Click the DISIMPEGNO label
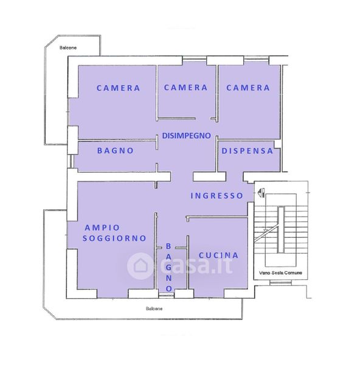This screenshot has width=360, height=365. (x=186, y=136)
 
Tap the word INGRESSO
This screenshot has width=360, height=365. (x=216, y=196)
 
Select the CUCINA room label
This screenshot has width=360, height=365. (x=218, y=255)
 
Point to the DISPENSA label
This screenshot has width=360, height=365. (x=247, y=151)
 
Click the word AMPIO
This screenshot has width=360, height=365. (x=102, y=228)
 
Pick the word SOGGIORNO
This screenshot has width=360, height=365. (x=114, y=238)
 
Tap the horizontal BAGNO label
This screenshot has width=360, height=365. (x=116, y=151)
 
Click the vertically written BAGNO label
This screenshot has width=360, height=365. (x=168, y=267)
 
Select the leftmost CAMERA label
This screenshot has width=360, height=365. (x=118, y=88)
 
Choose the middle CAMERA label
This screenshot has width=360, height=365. (x=185, y=88)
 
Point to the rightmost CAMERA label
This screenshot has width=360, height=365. (x=248, y=88)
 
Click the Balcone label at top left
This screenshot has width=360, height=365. (x=68, y=47)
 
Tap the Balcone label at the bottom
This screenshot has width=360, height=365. (x=154, y=308)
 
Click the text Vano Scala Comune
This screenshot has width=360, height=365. (x=280, y=273)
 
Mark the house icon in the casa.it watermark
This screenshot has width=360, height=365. (x=140, y=266)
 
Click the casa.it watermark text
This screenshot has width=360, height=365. (x=196, y=265)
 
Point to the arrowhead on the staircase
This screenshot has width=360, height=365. (x=265, y=230)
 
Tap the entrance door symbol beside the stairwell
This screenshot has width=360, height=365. (x=261, y=193)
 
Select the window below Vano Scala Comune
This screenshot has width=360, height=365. (x=280, y=283)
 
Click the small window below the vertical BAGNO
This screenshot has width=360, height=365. (x=167, y=296)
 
